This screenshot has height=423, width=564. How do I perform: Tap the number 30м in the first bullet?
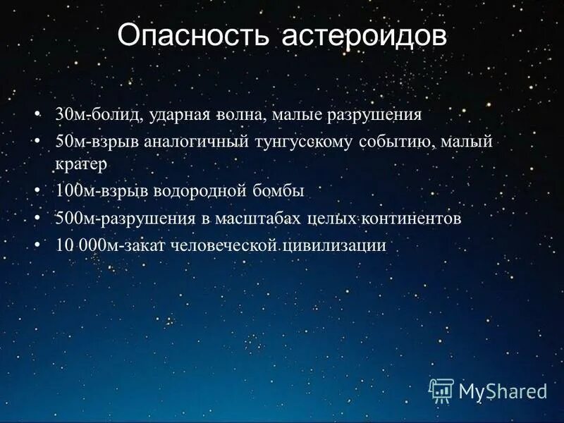[x=68, y=114]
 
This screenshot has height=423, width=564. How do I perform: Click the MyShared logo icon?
[x=441, y=389]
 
